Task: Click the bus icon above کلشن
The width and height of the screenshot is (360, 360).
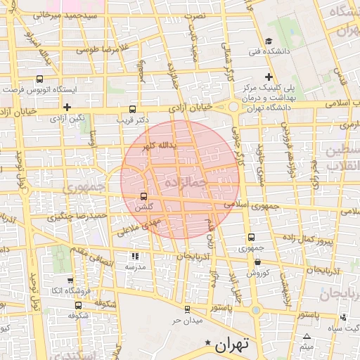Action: [x=144, y=196]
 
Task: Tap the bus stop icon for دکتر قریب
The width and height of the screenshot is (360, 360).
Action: [x=133, y=109]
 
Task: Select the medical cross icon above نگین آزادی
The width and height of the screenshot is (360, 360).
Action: [x=67, y=107]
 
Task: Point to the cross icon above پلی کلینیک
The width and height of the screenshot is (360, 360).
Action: [x=269, y=76]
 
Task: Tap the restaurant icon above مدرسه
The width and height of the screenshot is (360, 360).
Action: [x=135, y=257]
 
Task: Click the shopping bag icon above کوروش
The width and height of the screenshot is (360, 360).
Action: [x=257, y=262]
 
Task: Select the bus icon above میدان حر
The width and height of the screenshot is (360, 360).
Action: [x=186, y=309]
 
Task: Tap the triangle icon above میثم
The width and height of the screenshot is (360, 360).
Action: [x=306, y=335]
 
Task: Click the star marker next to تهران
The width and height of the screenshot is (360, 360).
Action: [x=207, y=343]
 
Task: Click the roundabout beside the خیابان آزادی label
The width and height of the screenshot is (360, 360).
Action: [x=233, y=107]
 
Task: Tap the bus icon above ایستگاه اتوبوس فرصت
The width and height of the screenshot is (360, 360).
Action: [x=39, y=79]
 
